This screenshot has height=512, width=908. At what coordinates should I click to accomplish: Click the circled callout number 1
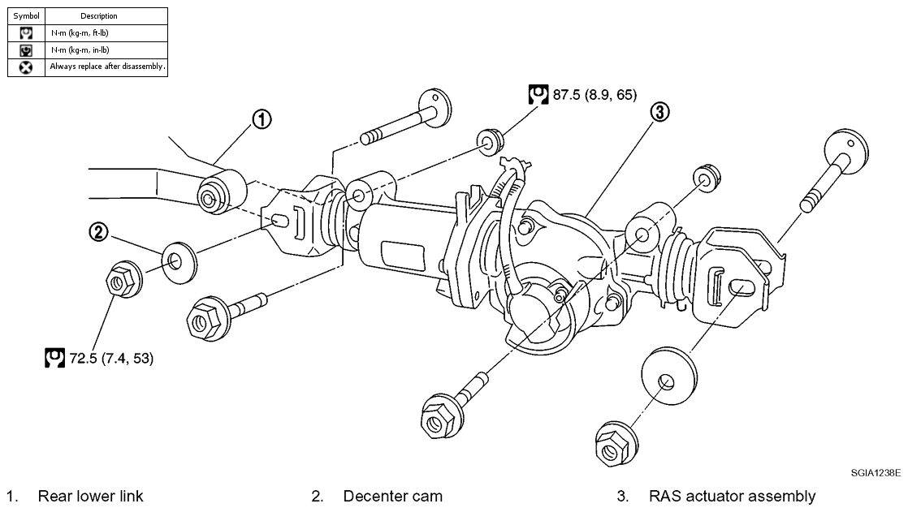pos(262,120)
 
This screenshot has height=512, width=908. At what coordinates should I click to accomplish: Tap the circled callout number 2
pos(98,232)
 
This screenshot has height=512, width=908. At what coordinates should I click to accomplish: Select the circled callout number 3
pos(659,112)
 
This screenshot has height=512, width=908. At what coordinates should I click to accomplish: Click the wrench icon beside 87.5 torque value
pos(538,94)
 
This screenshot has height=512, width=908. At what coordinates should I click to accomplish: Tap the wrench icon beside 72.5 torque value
pos(54,358)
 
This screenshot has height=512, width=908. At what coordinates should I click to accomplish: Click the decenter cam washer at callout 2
pos(179,262)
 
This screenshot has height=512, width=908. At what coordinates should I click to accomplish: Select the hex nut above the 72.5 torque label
pos(123,280)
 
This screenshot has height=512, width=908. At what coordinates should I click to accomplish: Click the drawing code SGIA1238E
pos(876,473)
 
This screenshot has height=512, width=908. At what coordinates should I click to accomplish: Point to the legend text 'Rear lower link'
pos(90,496)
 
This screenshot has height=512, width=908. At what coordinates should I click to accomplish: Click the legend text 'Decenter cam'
pos(392,496)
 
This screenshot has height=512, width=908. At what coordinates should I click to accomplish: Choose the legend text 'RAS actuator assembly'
pos(732,497)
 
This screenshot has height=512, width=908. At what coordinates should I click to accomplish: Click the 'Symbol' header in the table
pos(26,16)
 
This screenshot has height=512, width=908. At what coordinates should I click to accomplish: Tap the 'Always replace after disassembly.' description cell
pos(107,67)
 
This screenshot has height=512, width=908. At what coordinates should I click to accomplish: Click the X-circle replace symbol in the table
pos(26,67)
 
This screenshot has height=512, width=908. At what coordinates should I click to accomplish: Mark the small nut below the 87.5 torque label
pos(491,140)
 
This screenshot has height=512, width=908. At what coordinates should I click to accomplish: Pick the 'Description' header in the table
pos(99,16)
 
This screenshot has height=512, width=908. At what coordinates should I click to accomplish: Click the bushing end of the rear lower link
pos(221,192)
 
